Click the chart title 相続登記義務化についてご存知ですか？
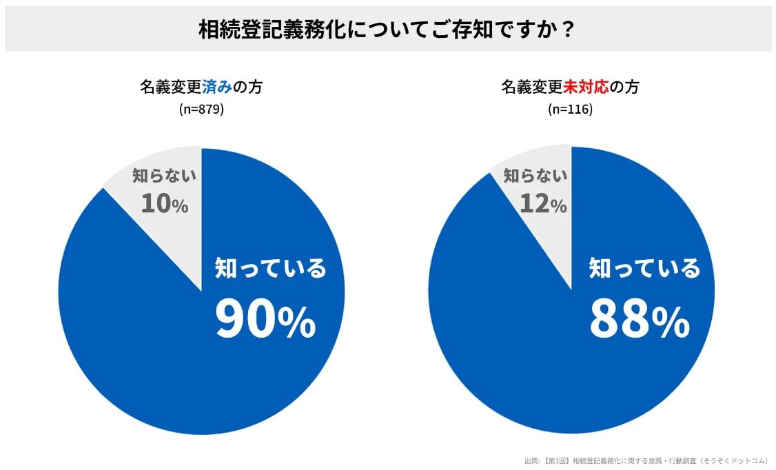coord(387,30)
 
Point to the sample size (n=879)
coord(201,109)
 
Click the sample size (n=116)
coord(570,109)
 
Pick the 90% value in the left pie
coord(265,318)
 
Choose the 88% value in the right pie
coord(639,318)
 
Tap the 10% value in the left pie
coord(164,203)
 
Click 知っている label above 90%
coord(270,268)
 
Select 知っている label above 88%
coord(644,268)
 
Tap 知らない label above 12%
coord(535,176)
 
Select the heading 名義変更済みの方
coord(201,88)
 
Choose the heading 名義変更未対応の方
coord(570,88)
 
